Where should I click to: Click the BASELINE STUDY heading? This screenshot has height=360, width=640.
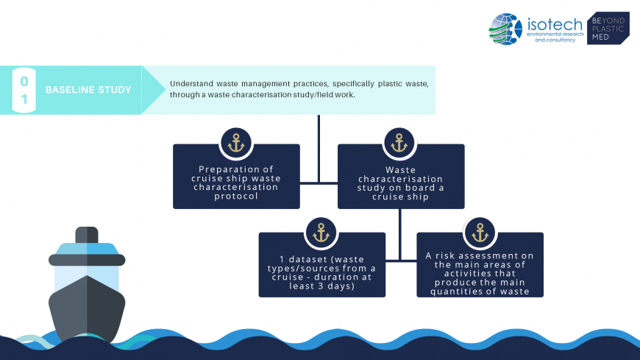click(x=88, y=90)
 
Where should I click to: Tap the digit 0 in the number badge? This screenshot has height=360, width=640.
click(x=24, y=80)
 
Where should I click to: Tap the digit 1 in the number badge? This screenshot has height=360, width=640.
click(x=24, y=100)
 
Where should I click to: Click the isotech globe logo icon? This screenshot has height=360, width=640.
click(x=505, y=29)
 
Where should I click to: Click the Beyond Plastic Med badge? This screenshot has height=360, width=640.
click(x=607, y=28)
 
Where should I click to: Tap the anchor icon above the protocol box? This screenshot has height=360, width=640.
click(x=236, y=143)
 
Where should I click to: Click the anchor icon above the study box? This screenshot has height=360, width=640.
click(x=399, y=143)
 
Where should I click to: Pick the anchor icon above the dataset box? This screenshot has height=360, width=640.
click(x=321, y=232)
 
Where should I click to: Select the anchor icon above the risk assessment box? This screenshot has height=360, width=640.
click(x=480, y=232)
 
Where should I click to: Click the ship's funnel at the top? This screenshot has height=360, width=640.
click(x=87, y=235)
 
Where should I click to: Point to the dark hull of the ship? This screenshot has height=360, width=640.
click(x=87, y=309)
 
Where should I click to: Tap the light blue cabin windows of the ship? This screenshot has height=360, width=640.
click(x=87, y=277)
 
